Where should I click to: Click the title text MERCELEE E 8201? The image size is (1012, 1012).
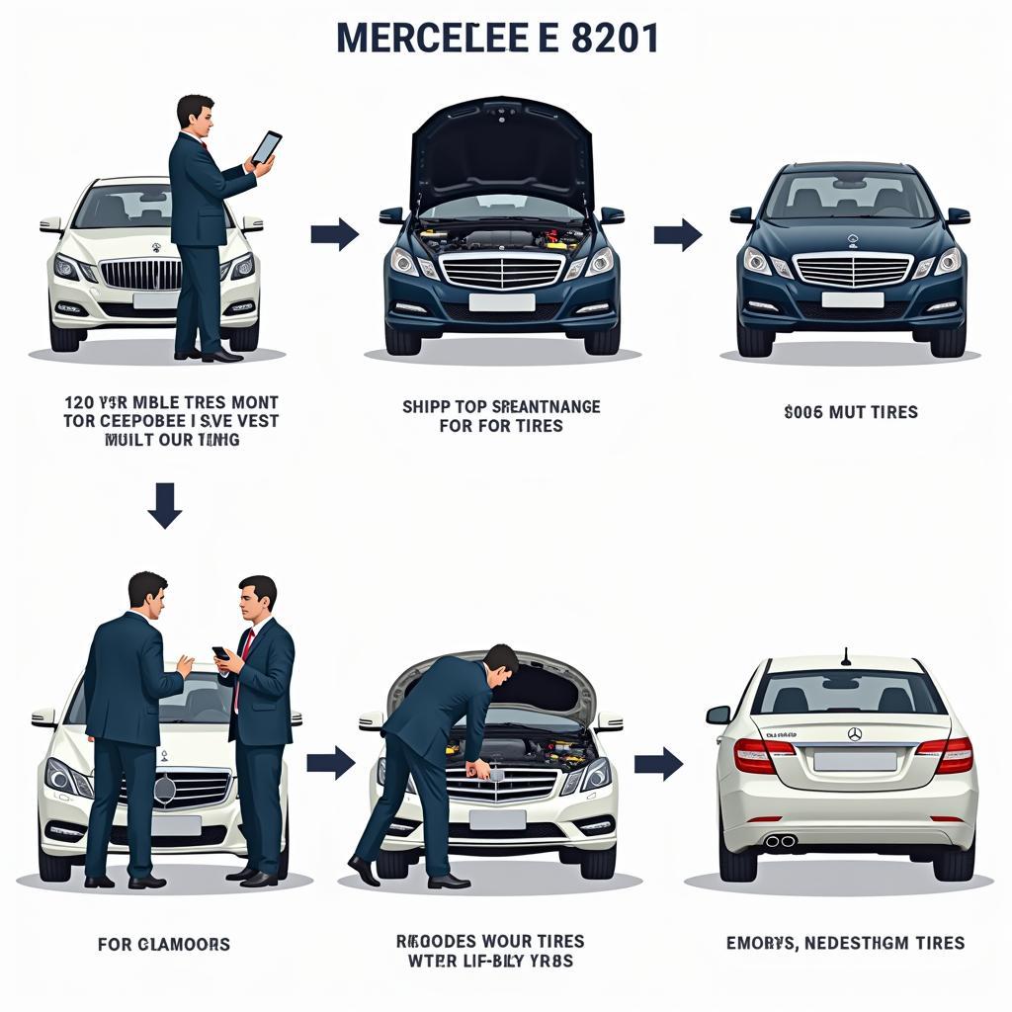tap(497, 38)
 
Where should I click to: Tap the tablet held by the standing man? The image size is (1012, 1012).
tap(266, 147)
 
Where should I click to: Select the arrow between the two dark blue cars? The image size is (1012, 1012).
tap(677, 235)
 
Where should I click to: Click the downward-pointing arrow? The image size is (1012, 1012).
tap(164, 504)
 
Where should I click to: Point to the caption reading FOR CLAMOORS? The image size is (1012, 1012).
tap(164, 944)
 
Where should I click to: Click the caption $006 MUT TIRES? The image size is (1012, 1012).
tap(851, 412)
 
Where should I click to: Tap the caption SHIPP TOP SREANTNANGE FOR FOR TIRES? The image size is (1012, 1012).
tap(501, 416)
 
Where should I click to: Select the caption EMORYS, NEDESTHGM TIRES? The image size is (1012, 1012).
tap(845, 943)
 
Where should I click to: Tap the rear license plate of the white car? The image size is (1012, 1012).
tap(855, 761)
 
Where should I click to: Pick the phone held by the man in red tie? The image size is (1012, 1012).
tap(220, 653)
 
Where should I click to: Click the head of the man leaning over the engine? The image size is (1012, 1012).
tap(500, 662)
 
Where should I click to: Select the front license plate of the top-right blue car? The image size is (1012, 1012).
tap(852, 299)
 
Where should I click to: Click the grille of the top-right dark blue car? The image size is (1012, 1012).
tap(852, 269)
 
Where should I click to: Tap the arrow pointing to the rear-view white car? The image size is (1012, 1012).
tap(658, 763)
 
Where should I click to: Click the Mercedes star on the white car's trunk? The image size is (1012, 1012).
tap(855, 733)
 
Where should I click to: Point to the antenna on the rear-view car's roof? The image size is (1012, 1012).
tap(845, 656)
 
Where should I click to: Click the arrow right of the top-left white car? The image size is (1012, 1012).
tap(334, 234)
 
